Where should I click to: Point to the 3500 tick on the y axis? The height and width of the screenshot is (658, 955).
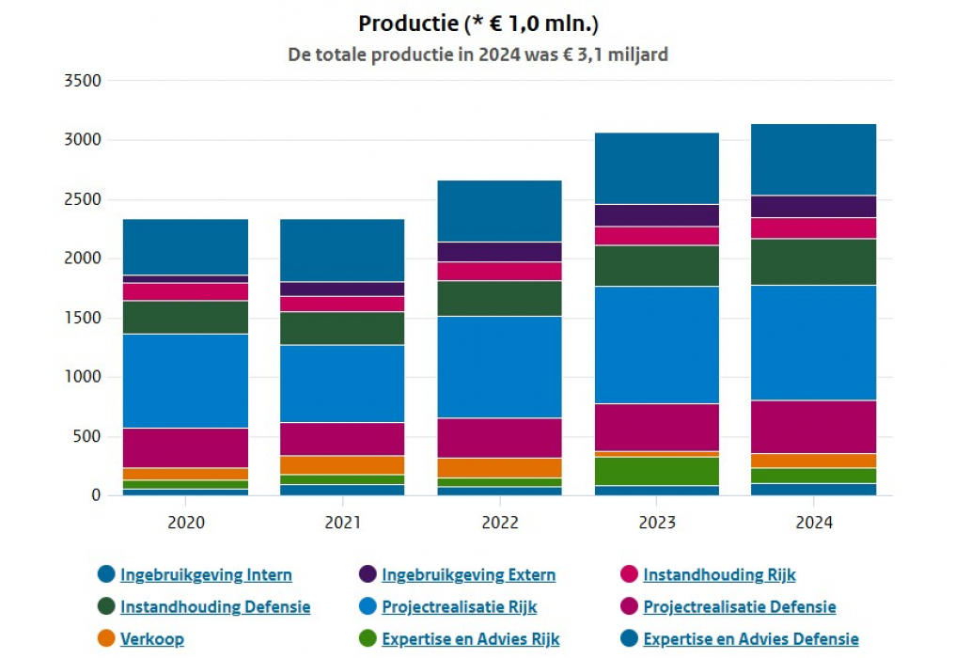click(x=82, y=81)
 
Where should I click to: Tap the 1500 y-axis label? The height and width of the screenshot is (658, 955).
click(x=82, y=318)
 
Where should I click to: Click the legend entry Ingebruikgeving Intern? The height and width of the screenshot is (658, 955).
click(x=206, y=574)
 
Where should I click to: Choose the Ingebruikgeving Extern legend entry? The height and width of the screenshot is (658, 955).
click(x=468, y=574)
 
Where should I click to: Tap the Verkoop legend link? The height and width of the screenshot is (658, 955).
click(x=151, y=639)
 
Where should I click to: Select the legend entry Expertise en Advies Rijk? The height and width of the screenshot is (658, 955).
click(x=470, y=639)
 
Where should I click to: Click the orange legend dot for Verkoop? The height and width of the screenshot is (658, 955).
click(x=106, y=639)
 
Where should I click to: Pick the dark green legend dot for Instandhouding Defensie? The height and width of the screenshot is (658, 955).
click(x=106, y=606)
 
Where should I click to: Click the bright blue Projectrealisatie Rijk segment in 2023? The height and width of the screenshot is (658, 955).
click(x=656, y=345)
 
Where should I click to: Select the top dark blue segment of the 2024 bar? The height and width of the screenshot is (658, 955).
click(x=813, y=160)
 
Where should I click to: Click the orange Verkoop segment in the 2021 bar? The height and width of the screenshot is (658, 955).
click(x=342, y=465)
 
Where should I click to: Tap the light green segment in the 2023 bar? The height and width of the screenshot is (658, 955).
click(x=656, y=471)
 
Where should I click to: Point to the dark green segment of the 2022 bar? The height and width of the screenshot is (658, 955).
click(x=499, y=298)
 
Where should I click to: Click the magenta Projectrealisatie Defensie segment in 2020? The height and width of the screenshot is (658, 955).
click(x=185, y=447)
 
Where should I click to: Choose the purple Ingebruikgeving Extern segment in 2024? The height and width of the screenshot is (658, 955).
click(x=813, y=207)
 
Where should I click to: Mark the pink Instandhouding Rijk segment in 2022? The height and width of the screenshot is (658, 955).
click(x=499, y=271)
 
